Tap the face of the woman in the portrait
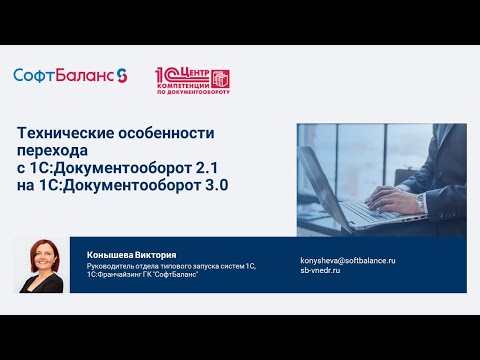[x=41, y=262]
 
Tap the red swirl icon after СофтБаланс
[x=122, y=75]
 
